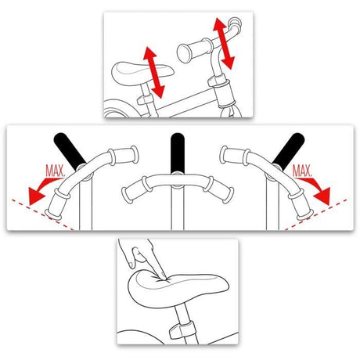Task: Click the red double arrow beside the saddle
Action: click(x=154, y=73)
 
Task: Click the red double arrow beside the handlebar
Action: click(x=224, y=44)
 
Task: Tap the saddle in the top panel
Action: click(x=142, y=71)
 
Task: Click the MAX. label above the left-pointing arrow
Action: click(x=55, y=171)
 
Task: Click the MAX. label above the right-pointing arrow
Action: click(x=302, y=171)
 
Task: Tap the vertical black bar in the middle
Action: click(x=178, y=153)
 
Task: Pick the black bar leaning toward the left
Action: click(x=69, y=150)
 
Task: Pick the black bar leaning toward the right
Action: click(x=289, y=149)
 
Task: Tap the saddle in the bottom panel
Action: click(x=178, y=288)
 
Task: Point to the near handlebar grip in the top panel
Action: click(x=194, y=51)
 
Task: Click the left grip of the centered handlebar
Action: click(x=135, y=189)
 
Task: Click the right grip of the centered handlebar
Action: click(x=221, y=189)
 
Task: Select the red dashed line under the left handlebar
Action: click(x=43, y=214)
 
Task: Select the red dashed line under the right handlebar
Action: click(x=315, y=214)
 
